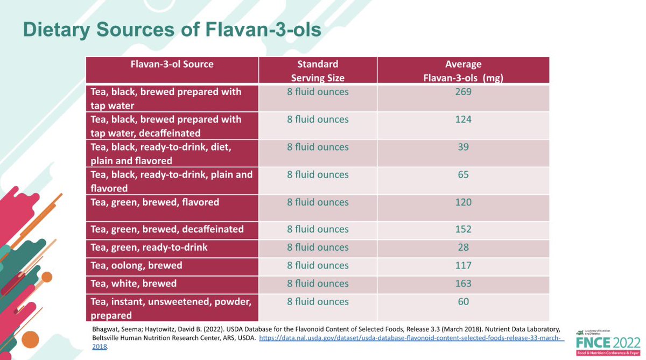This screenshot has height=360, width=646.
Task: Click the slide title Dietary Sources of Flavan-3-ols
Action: click(172, 30)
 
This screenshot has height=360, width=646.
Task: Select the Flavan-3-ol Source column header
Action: click(172, 65)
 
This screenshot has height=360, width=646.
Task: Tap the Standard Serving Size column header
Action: click(318, 70)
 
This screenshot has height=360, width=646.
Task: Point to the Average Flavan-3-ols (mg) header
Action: click(463, 70)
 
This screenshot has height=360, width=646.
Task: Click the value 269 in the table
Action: click(463, 92)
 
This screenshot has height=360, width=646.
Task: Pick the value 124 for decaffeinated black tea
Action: click(463, 119)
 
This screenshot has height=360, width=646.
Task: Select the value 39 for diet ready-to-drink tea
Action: click(463, 147)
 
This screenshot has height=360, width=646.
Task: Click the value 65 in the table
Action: click(463, 175)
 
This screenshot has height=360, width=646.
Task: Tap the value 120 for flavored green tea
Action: click(463, 202)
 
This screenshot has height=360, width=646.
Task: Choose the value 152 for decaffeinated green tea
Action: click(463, 229)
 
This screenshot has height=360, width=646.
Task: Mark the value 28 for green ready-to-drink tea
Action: click(463, 248)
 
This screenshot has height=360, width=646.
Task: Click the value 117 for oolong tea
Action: click(463, 265)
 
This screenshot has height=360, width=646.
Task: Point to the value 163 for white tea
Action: click(463, 284)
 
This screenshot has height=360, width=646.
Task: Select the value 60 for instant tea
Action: click(463, 302)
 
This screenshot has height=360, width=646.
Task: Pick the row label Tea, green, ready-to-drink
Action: click(148, 248)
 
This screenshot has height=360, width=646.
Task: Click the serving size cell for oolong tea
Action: click(318, 265)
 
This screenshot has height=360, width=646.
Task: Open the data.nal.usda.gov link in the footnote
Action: click(409, 338)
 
